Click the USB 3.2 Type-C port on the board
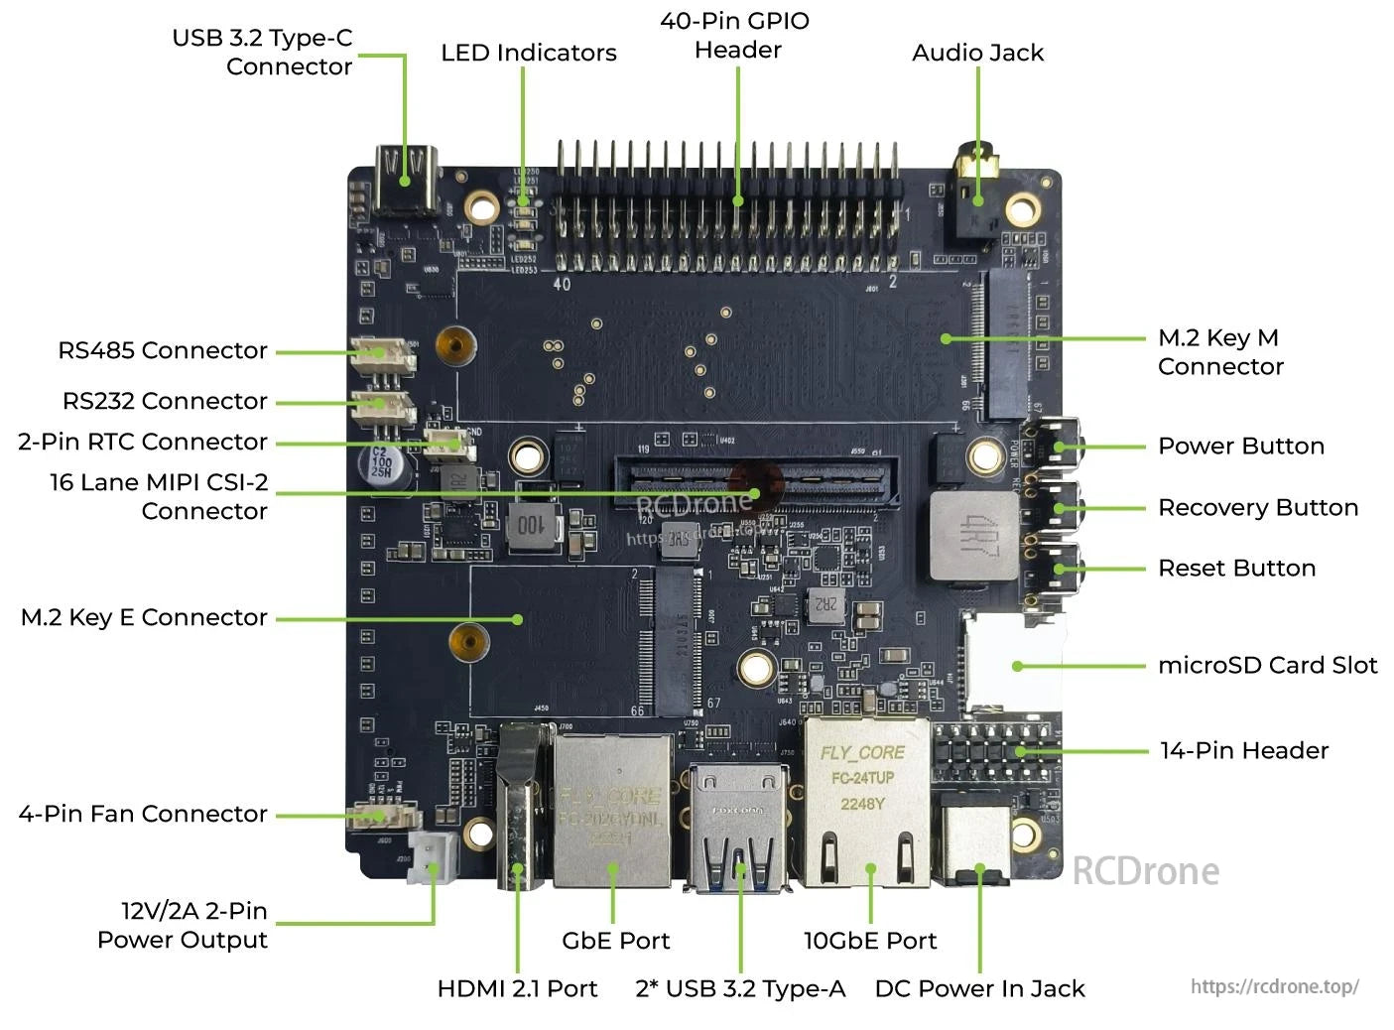[406, 181]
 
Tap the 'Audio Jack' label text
[977, 53]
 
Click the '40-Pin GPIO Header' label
[735, 35]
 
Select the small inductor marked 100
[533, 526]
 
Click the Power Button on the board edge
[1057, 447]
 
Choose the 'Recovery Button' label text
[1257, 507]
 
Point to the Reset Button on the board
[1057, 569]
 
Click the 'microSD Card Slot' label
[1267, 665]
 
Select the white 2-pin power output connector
[433, 856]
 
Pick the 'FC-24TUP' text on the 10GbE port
[862, 778]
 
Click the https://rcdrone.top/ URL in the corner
[1274, 986]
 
